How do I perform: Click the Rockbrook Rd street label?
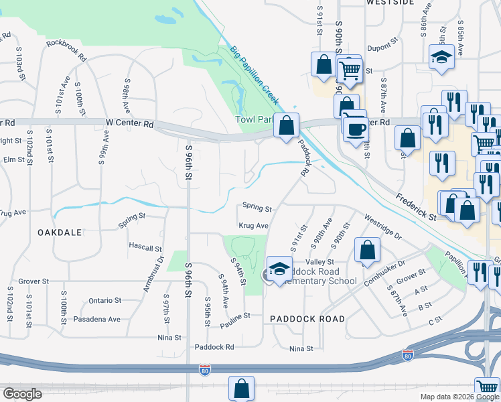point(66,51)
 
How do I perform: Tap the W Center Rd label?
point(130,124)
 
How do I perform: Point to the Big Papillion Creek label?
point(254,74)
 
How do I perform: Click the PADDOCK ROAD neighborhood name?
point(307,319)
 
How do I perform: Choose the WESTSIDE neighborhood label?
point(390,3)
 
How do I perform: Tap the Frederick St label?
point(415,208)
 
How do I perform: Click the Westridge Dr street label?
point(383,228)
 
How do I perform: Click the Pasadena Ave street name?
point(97,320)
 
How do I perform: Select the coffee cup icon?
point(355,128)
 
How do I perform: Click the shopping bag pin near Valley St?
point(368,251)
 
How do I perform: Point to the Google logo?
point(22,394)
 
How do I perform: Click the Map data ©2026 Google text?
point(459,397)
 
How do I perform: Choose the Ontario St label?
point(104,301)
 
